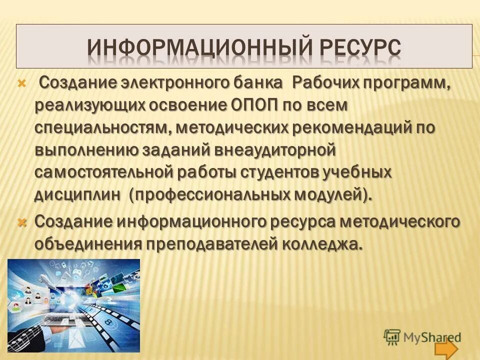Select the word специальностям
click(103, 127)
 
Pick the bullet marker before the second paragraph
click(21, 221)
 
